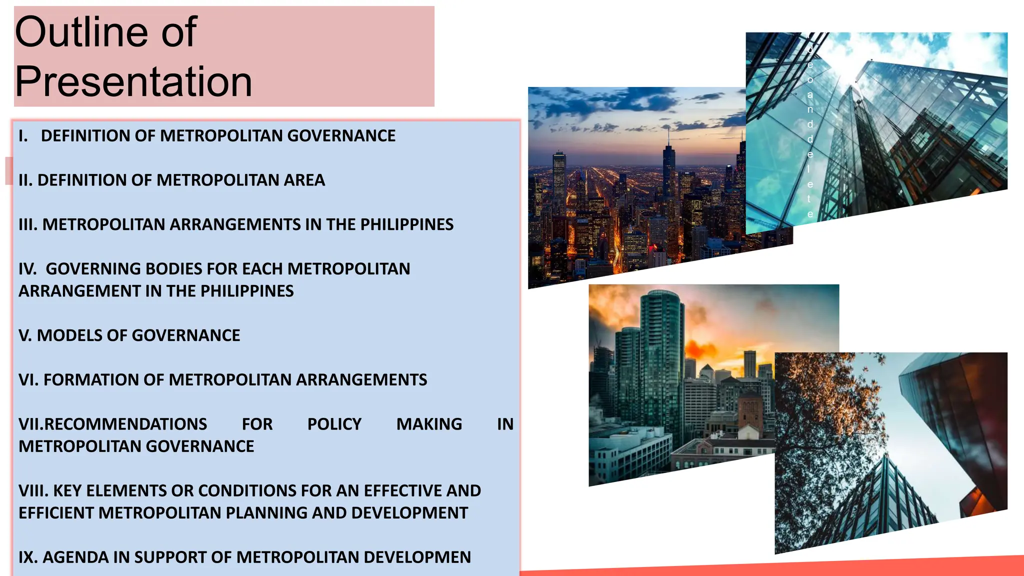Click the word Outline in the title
81,32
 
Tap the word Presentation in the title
133,81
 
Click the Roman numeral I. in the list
23,136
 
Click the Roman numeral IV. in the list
27,269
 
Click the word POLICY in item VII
334,424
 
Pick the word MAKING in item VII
429,424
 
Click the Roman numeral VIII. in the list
33,491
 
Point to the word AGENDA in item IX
75,557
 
